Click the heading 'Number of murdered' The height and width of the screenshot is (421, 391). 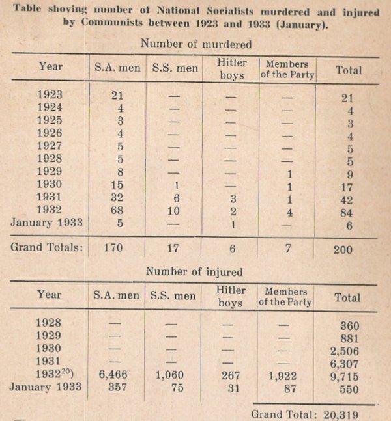[195, 44]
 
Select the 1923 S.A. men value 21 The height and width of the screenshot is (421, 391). [117, 95]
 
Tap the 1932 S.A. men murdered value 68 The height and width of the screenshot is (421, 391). [117, 210]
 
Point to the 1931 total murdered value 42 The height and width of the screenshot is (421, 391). [349, 198]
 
